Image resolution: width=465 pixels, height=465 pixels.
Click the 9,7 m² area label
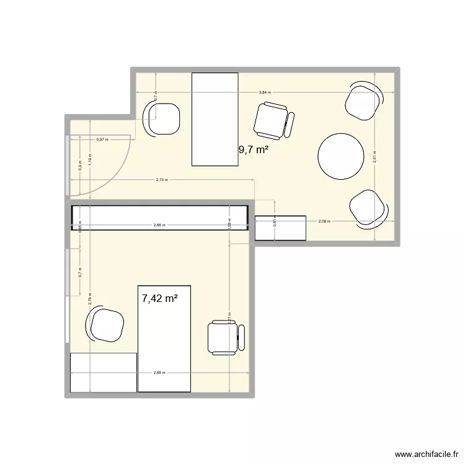[x=254, y=149]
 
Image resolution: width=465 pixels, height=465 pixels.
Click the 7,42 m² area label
[x=160, y=298]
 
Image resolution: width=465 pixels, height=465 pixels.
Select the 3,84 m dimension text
[x=265, y=92]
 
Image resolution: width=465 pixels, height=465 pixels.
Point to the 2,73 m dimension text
[x=162, y=180]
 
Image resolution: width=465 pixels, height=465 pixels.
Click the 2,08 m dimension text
[x=324, y=221]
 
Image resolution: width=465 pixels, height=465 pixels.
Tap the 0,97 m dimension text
[x=102, y=139]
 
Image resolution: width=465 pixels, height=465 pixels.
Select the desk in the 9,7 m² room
[x=215, y=119]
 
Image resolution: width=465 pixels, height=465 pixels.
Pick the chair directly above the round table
[x=363, y=100]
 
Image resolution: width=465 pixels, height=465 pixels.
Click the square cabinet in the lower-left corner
[x=103, y=373]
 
